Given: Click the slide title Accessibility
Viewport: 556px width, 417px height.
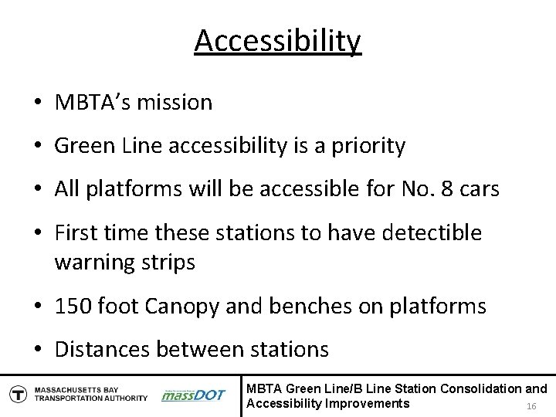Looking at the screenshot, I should click(277, 41).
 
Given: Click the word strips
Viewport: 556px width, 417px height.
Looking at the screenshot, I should click(168, 262).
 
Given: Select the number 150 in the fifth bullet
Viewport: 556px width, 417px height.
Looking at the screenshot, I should click(73, 306).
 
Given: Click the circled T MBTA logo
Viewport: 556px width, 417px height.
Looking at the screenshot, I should click(16, 394).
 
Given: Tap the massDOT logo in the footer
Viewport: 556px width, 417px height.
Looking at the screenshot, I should click(193, 395).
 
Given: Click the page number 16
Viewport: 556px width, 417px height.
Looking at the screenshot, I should click(531, 407).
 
